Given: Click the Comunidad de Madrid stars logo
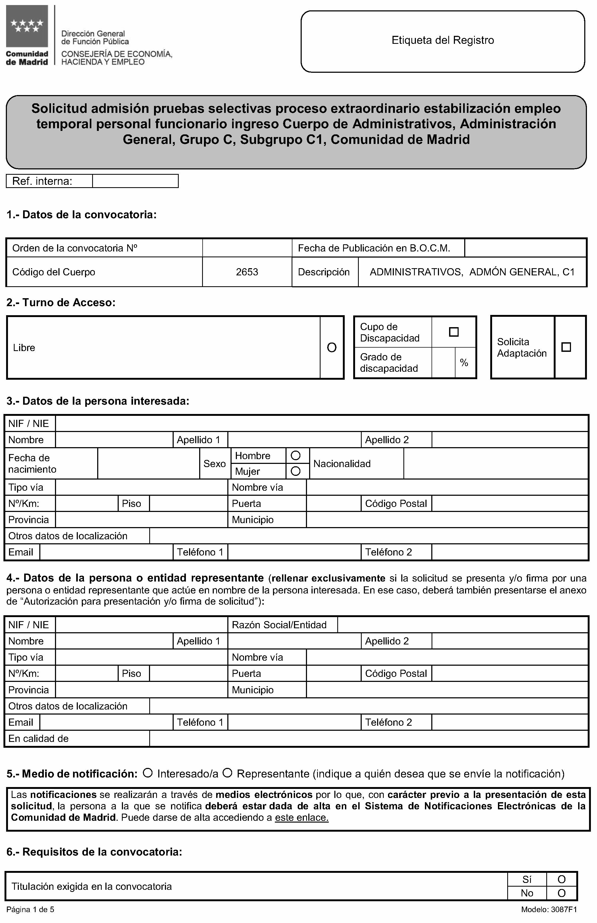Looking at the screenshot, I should pos(27,26).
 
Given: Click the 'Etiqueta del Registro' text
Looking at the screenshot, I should pos(442,40).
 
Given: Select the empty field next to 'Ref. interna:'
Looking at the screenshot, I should pos(135,181).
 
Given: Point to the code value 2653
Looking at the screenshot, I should pos(247,272).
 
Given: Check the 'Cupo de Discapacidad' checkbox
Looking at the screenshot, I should pos(454,332).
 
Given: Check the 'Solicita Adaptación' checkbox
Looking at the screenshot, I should pos(566,347).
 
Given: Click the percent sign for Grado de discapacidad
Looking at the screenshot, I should pos(464,363).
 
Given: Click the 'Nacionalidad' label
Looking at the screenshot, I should pos(342,464).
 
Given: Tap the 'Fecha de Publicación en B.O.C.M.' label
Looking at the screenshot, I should pos(374,248).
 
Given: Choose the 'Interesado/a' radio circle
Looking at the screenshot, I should pos(148,773).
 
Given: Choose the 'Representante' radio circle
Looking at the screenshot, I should pos(228,773).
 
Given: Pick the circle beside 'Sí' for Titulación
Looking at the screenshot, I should pos(561,880).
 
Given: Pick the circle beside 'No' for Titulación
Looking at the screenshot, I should pos(561,894).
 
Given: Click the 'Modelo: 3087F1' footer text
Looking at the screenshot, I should pos(549,910).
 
